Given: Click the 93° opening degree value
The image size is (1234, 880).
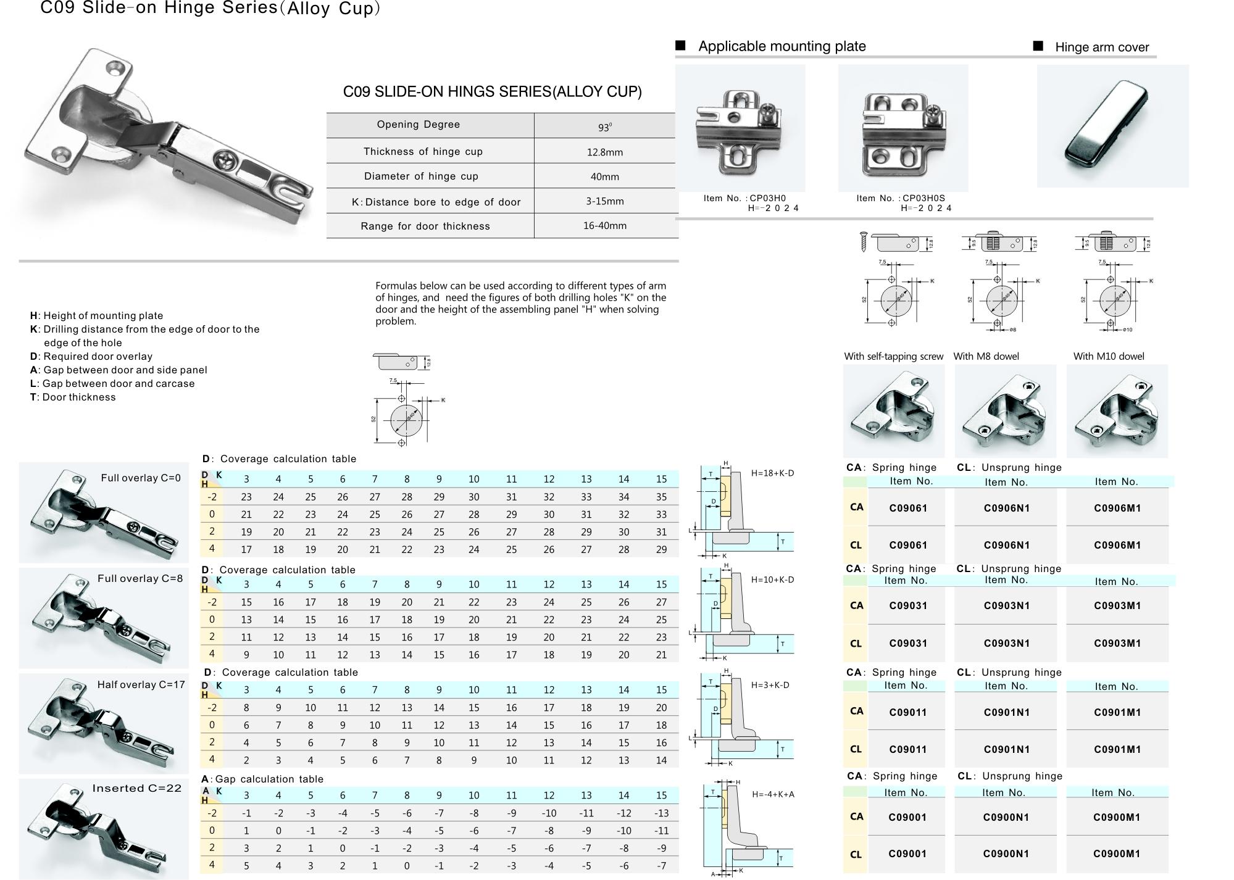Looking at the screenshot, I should [604, 127].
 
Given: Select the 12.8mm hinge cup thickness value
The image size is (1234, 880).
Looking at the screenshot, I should [604, 152].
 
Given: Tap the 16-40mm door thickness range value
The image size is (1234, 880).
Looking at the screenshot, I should [604, 226].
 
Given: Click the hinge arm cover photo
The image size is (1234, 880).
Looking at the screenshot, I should [1112, 126].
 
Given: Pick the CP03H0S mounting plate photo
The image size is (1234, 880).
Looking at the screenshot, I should [903, 128].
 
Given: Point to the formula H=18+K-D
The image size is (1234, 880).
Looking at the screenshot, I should [772, 473].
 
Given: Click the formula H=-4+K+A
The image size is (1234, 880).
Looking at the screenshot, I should [773, 794].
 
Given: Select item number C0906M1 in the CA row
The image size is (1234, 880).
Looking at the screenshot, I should [1117, 508].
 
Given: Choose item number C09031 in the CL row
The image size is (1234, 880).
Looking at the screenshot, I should [907, 643].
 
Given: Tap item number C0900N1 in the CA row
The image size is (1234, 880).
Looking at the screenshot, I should [1006, 817].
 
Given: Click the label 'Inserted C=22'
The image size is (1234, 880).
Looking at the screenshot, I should [137, 788].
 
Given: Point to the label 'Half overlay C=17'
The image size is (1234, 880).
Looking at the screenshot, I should [141, 684].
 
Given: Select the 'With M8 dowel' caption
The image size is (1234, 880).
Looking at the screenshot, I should [986, 356].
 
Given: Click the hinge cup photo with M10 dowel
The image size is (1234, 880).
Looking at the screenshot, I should [1117, 411].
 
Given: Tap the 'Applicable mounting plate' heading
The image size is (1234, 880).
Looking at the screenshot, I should [782, 46].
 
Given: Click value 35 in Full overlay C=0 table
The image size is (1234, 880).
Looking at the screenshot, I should [661, 497].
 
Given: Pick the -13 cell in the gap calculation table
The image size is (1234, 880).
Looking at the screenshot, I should [661, 813].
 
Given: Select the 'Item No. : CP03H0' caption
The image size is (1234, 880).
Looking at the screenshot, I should [744, 198].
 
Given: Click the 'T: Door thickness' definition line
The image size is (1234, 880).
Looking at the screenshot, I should [73, 397].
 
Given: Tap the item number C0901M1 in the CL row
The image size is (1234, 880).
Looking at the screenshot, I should [1117, 749].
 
